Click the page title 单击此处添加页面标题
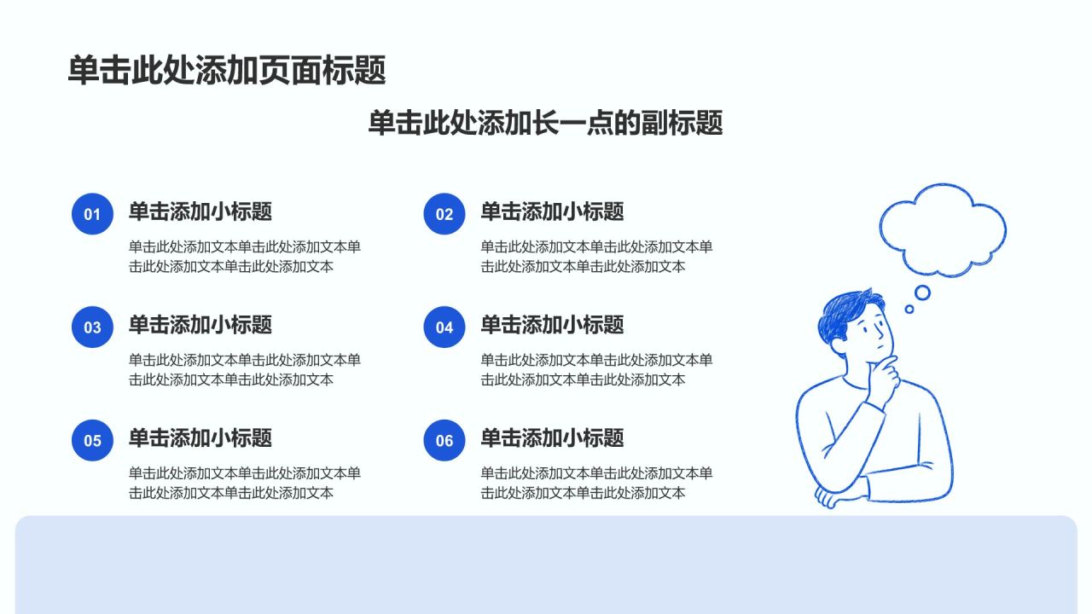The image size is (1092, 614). point(227,70)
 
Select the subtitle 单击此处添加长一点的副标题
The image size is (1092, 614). point(545,122)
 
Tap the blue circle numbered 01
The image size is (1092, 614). point(92,214)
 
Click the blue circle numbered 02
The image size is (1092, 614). point(444,214)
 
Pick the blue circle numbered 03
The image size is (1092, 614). point(92,327)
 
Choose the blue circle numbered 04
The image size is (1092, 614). point(444,327)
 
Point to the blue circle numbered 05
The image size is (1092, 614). point(92,440)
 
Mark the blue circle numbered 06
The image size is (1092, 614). point(444,440)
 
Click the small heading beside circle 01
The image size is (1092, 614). point(200,211)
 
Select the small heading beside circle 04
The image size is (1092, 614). point(552,325)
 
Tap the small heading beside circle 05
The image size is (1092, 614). point(200,437)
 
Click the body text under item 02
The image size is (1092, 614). point(596,257)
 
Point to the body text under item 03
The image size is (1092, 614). point(244,369)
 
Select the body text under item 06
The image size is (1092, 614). point(596,483)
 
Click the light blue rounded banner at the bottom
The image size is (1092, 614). point(546,565)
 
